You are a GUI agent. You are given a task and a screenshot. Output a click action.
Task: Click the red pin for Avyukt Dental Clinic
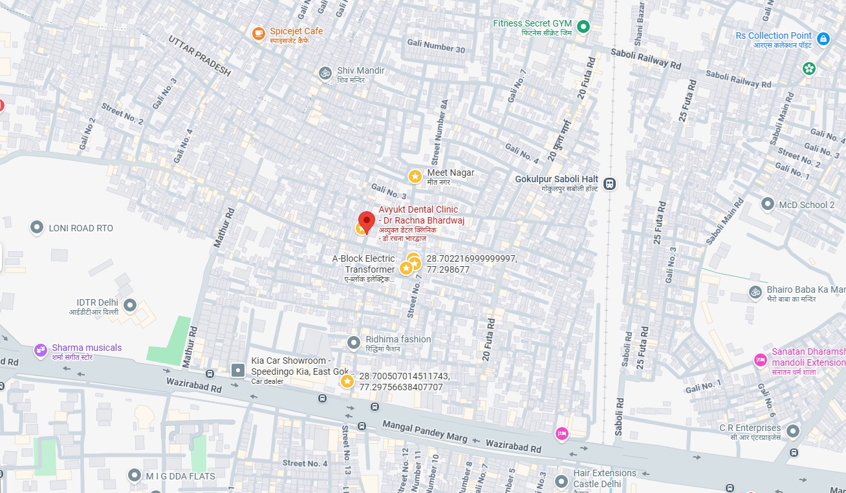(367, 221)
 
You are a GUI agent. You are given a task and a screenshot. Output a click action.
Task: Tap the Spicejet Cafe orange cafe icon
(259, 32)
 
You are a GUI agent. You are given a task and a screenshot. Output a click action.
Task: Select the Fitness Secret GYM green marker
(583, 26)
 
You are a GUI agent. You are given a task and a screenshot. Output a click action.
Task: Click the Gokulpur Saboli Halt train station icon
(609, 184)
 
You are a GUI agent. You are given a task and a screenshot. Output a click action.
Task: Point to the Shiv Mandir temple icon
(325, 72)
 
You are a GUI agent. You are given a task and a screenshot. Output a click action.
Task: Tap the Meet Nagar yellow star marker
(415, 176)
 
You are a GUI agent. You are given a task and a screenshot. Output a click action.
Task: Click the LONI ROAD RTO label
(81, 228)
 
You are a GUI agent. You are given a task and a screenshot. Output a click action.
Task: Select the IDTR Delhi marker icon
(130, 304)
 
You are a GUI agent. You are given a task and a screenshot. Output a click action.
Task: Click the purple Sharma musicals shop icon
(41, 350)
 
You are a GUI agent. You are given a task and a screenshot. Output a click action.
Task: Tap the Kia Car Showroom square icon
(238, 370)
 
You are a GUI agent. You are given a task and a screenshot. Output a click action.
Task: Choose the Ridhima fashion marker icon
(353, 342)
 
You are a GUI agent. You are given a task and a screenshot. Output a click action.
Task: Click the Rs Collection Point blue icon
(823, 39)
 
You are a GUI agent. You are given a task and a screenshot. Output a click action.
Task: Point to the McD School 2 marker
(768, 204)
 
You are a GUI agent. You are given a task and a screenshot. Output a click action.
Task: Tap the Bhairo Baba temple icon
(754, 292)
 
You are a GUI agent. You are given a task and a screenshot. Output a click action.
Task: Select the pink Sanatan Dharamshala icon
(761, 360)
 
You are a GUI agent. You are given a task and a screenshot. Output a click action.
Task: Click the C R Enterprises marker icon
(793, 431)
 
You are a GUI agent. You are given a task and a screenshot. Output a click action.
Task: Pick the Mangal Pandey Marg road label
(425, 431)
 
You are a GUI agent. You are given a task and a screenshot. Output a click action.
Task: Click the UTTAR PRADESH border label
(199, 56)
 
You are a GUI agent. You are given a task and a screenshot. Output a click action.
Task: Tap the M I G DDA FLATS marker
(134, 476)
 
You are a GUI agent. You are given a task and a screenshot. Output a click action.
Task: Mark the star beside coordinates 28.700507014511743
(347, 382)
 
